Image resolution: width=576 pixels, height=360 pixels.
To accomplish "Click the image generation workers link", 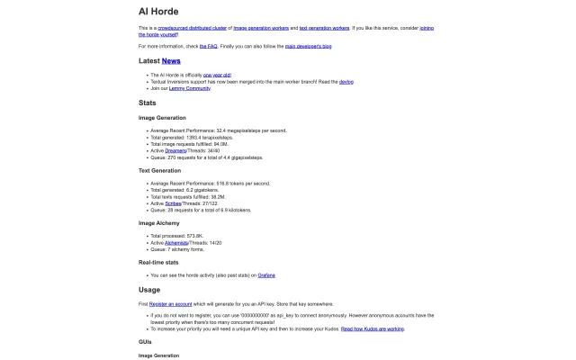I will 264,29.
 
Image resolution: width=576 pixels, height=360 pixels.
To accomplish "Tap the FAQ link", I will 209,44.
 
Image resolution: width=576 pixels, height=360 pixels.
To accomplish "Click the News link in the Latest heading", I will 171,60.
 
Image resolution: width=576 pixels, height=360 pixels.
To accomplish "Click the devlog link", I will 346,82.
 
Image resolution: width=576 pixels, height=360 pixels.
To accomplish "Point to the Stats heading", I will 148,103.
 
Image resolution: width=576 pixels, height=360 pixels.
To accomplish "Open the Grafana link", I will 266,274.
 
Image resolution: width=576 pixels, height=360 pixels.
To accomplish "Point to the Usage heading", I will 149,290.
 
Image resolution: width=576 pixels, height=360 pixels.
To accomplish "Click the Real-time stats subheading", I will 157,262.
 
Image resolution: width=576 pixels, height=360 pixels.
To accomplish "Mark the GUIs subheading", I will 145,342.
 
